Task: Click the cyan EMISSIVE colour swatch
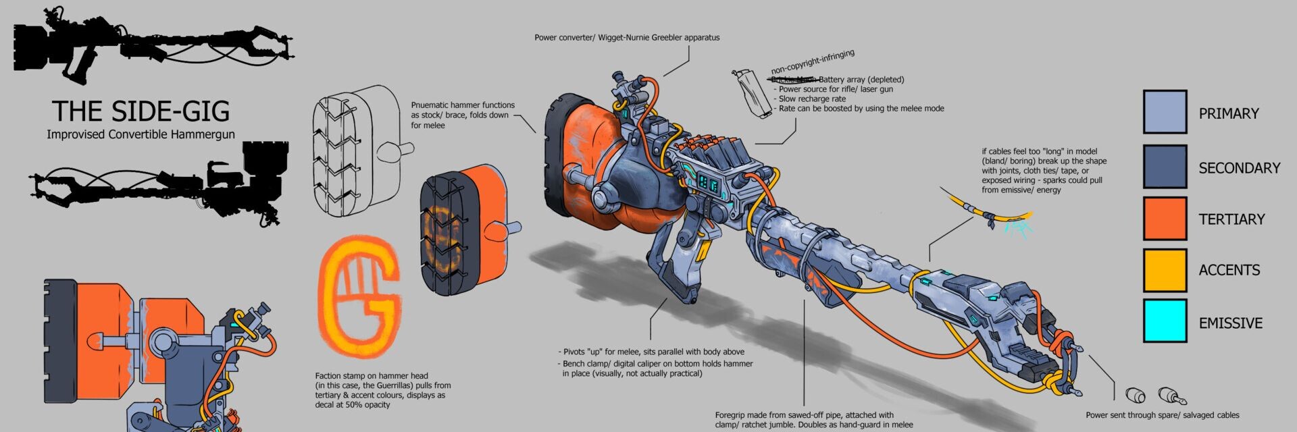[x=1165, y=321]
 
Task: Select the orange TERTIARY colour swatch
[x=1165, y=218]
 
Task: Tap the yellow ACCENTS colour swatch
[x=1165, y=270]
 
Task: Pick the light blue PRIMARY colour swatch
[x=1165, y=112]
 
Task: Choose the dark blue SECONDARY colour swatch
[x=1165, y=167]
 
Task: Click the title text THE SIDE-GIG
[x=141, y=111]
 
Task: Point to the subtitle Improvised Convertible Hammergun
[x=141, y=134]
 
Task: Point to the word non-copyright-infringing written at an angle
[x=813, y=61]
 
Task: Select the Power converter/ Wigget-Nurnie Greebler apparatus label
[x=627, y=38]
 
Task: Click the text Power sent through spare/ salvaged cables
[x=1162, y=415]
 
